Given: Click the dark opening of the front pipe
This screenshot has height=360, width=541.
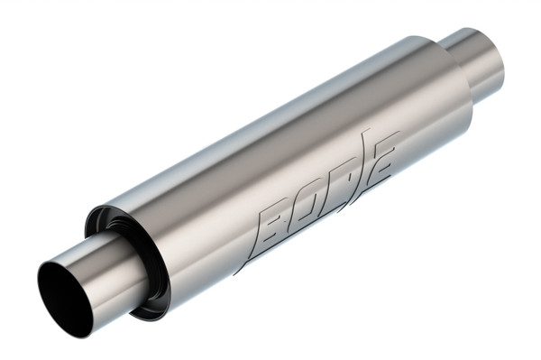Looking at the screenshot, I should tap(66, 297).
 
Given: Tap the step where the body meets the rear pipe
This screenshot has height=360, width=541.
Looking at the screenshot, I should tap(451, 68).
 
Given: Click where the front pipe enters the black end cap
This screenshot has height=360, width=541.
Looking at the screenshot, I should tap(135, 262).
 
